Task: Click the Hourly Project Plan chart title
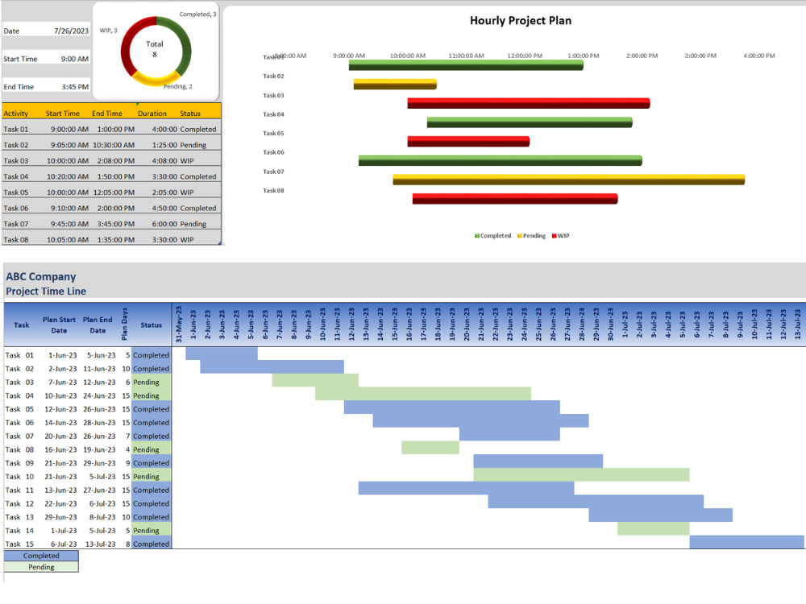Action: (521, 21)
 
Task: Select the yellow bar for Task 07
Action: (568, 180)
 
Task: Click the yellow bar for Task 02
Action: (395, 84)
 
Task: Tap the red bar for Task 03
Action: (528, 103)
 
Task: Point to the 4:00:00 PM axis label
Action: (758, 56)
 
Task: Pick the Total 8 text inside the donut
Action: (155, 49)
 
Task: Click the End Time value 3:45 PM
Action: (74, 87)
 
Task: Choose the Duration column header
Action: (152, 114)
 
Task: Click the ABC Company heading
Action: (40, 277)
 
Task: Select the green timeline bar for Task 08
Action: (430, 448)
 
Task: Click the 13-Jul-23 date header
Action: (798, 324)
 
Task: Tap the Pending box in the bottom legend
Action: (41, 567)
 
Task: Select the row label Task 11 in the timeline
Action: (19, 490)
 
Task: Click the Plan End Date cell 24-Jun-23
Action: (98, 395)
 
